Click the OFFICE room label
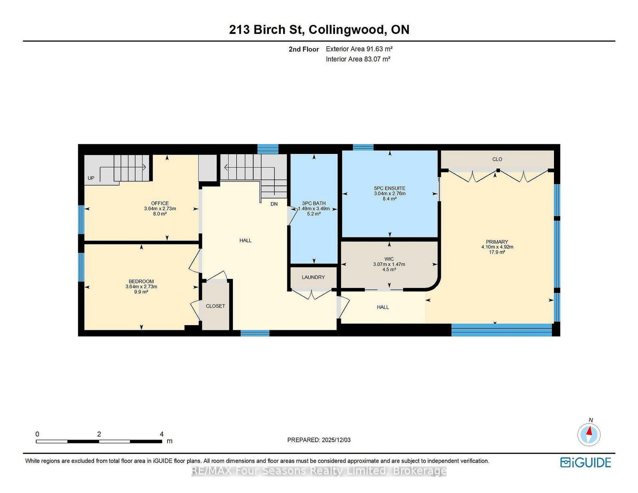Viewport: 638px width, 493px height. [160, 203]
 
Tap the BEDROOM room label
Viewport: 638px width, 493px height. [141, 281]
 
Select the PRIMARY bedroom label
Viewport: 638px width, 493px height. [497, 242]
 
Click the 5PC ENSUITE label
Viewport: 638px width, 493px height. [390, 188]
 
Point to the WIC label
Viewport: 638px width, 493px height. [389, 259]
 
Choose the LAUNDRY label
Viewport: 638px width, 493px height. [313, 277]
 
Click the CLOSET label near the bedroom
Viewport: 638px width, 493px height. [215, 306]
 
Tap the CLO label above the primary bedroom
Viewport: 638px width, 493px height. [497, 159]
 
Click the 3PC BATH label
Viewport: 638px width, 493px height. [313, 203]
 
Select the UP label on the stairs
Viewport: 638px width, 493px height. [91, 178]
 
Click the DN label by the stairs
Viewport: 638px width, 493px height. [274, 204]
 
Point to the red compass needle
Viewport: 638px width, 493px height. [589, 431]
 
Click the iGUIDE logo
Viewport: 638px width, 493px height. [585, 462]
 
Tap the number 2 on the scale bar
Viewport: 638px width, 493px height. [99, 434]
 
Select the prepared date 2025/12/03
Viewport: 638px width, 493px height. [336, 440]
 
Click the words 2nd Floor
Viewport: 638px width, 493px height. [303, 49]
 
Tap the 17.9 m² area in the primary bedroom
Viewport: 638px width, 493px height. [497, 252]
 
